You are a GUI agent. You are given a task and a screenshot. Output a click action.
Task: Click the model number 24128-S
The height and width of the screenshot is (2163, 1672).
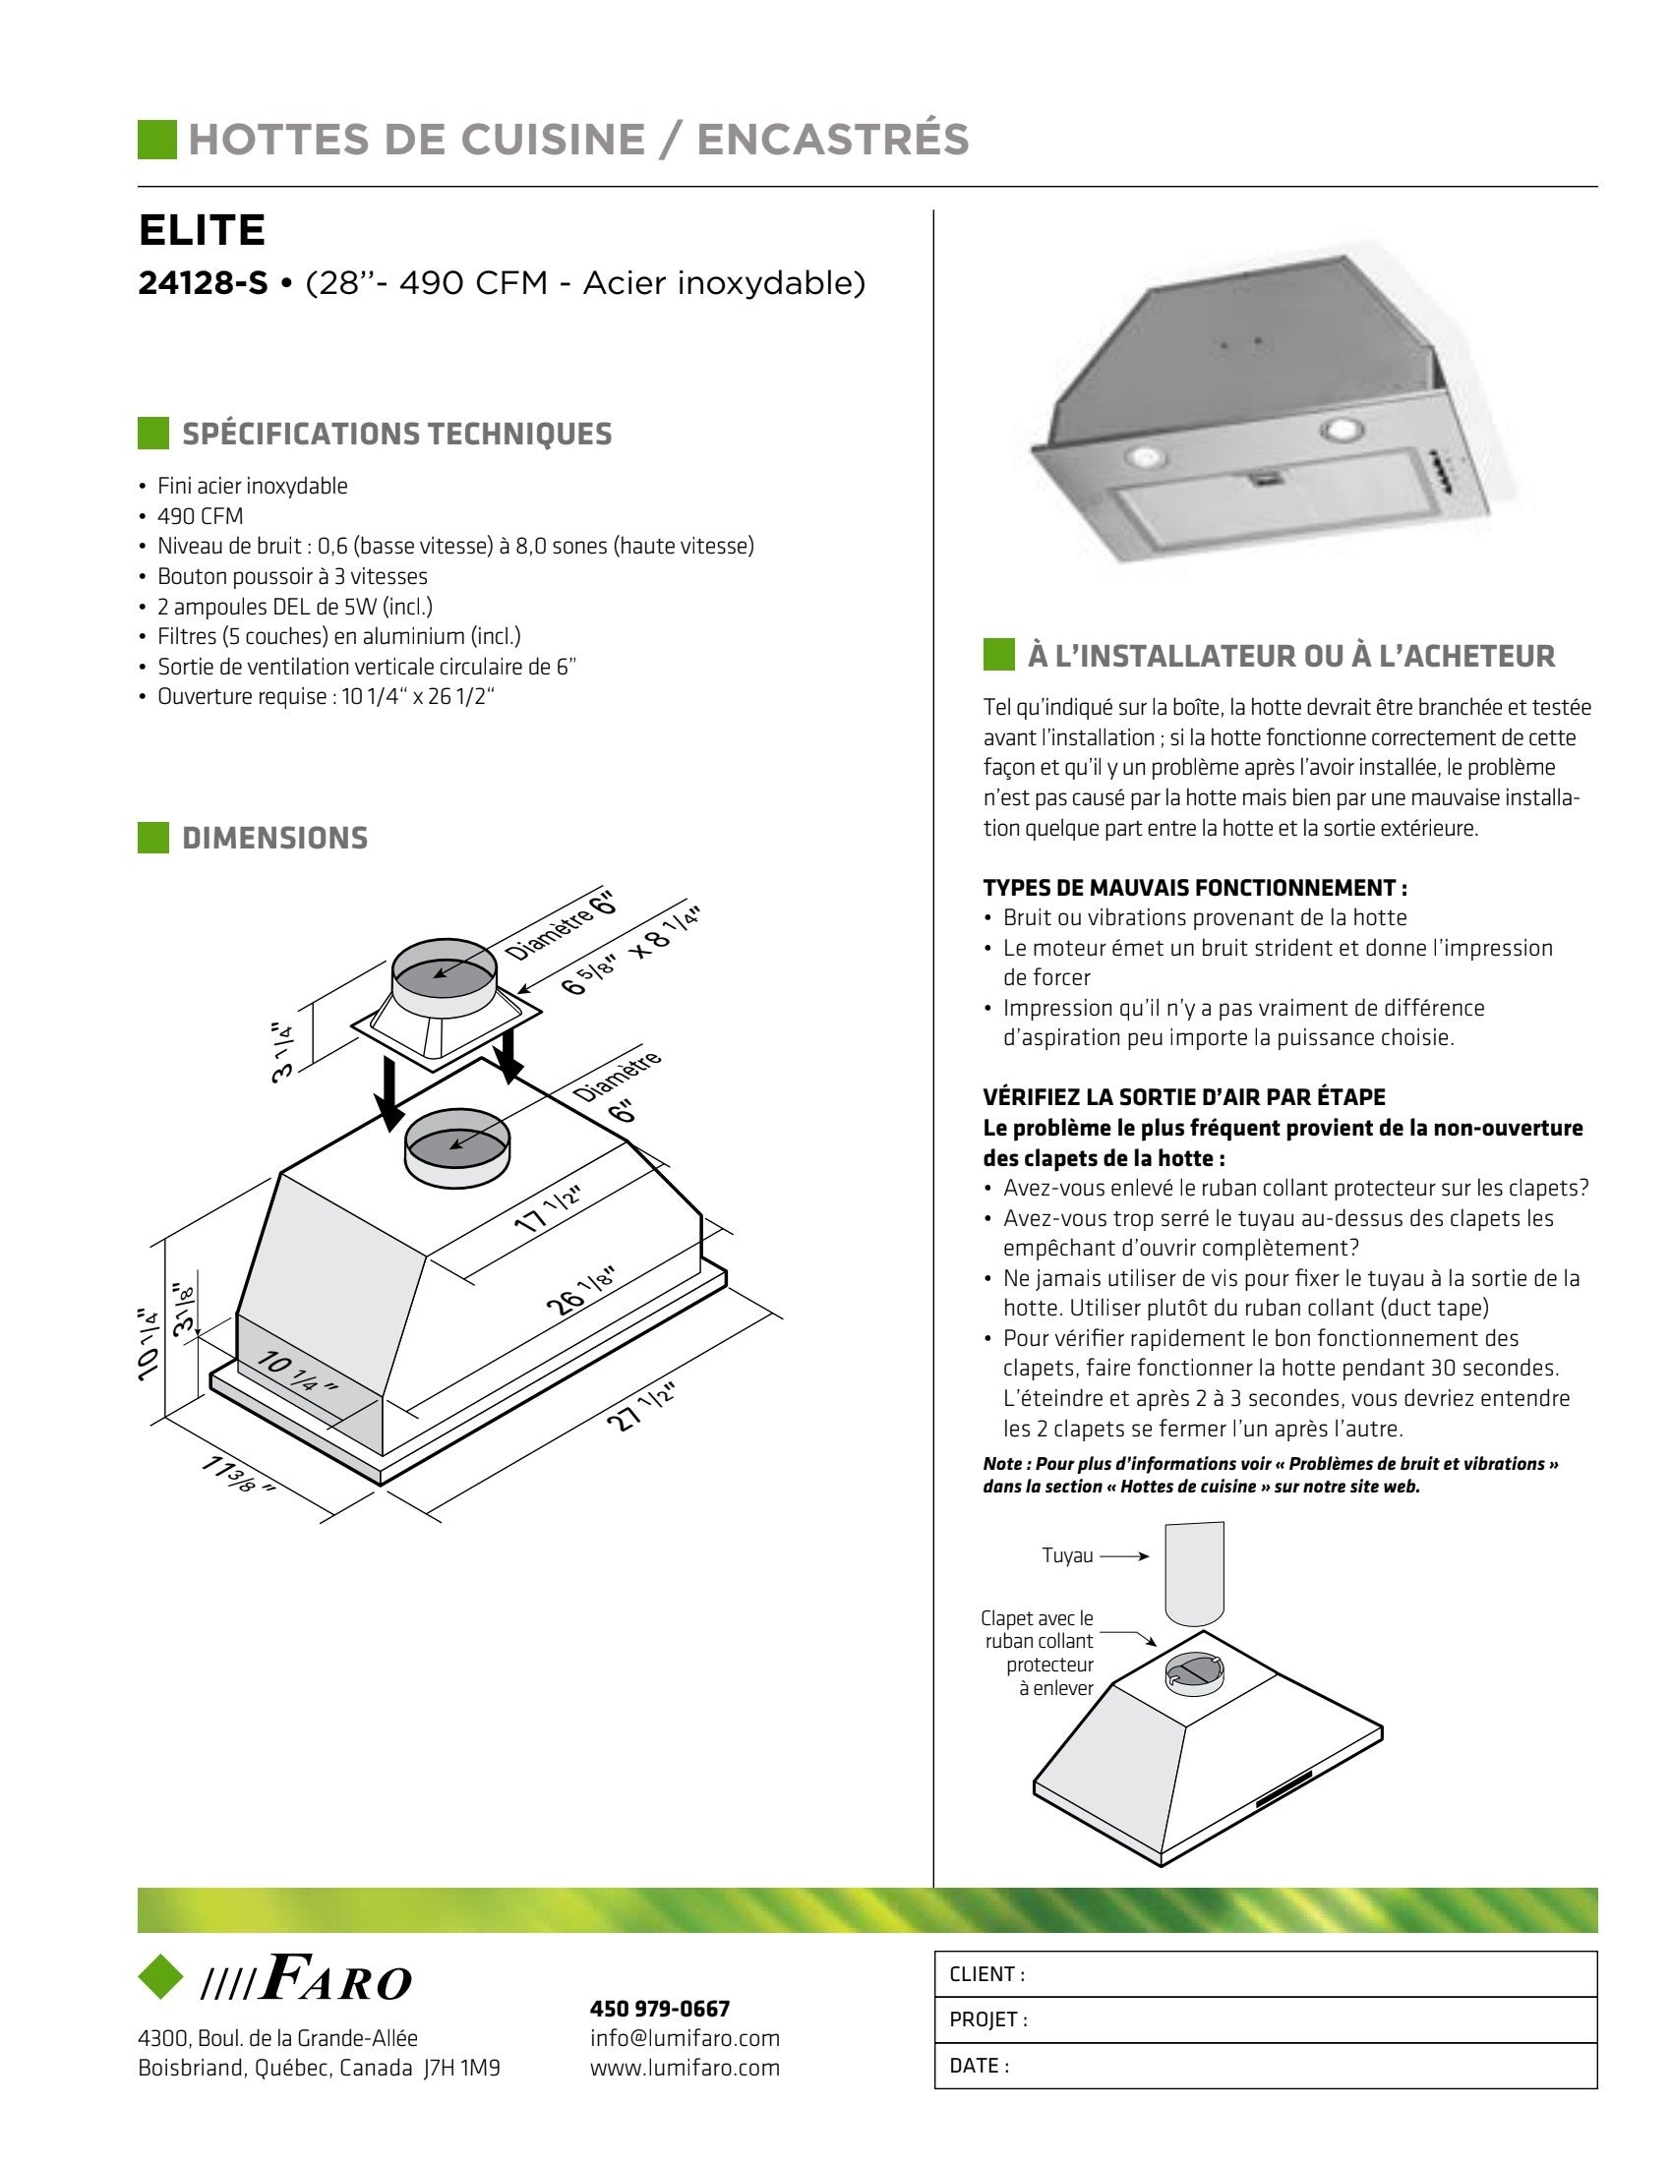(203, 283)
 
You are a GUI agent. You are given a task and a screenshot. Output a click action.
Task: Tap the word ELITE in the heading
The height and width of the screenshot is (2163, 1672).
(202, 230)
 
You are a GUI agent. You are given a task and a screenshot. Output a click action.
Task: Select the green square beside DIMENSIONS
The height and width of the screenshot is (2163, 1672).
(153, 838)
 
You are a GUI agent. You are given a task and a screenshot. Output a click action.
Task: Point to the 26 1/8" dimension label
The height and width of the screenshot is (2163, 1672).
(581, 1291)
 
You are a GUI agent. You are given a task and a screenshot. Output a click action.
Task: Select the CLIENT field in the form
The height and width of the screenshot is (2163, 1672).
(1265, 1974)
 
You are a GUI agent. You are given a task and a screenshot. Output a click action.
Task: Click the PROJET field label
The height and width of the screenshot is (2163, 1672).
(988, 2019)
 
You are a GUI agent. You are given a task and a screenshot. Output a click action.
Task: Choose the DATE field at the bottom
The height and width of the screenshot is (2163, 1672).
(1265, 2065)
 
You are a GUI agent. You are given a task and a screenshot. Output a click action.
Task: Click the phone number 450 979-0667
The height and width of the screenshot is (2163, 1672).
(660, 2009)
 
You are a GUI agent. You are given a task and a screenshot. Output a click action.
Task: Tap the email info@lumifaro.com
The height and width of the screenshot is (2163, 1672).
(685, 2038)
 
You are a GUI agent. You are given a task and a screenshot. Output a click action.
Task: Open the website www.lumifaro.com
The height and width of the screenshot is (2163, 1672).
(685, 2068)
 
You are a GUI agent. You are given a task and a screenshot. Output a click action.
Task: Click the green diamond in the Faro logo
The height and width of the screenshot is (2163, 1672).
(160, 1976)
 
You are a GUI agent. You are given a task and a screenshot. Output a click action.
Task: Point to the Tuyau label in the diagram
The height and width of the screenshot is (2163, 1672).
(1067, 1556)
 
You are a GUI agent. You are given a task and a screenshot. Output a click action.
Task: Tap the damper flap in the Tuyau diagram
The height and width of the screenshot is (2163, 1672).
(1194, 1671)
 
